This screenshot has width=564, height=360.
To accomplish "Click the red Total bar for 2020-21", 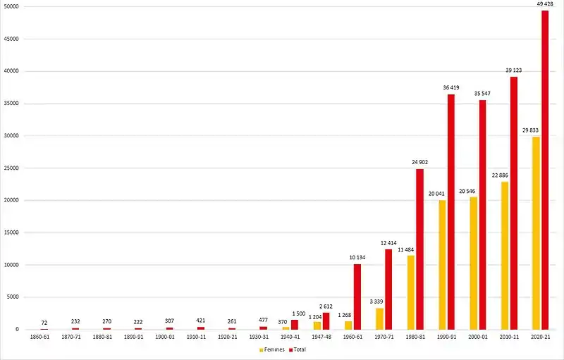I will [x=545, y=170].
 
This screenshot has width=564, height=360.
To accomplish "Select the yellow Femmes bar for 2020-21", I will [x=536, y=233].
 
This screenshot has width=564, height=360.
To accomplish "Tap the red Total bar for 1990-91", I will [x=451, y=212].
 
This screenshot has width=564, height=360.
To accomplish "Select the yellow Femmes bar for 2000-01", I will [x=473, y=263].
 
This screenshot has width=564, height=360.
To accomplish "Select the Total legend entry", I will [x=298, y=349].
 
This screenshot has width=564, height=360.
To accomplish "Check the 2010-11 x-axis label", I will [x=509, y=337].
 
